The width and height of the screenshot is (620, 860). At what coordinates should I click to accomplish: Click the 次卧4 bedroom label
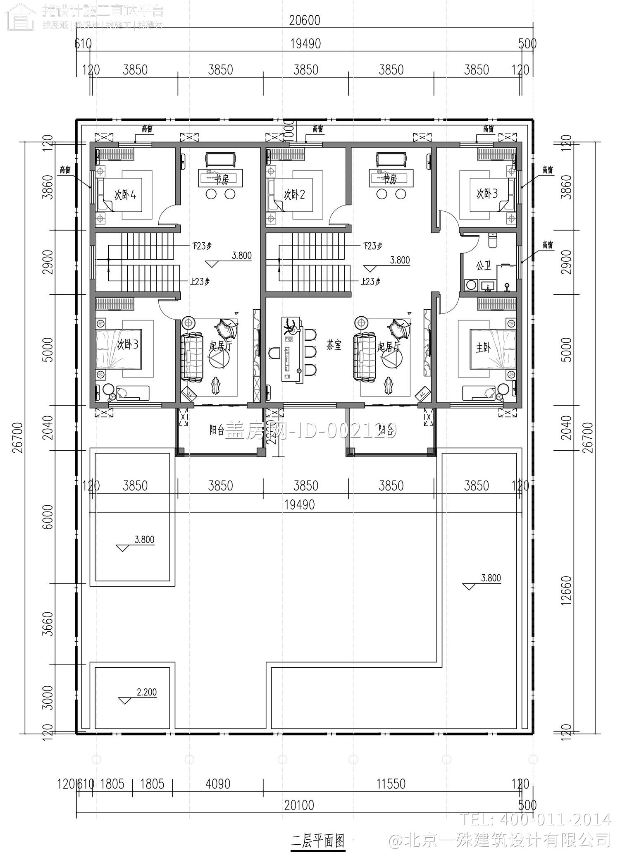point(125,194)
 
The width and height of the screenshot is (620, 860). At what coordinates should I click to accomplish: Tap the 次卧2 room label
point(294,194)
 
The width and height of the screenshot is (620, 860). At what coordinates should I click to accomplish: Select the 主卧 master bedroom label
point(482,348)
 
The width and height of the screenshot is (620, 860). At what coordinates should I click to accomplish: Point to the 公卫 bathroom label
point(483,265)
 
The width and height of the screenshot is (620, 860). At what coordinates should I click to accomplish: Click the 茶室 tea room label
point(334,346)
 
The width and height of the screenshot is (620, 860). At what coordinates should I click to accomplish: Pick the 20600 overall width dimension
point(305,20)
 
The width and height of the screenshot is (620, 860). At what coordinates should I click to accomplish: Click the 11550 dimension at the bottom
point(391,784)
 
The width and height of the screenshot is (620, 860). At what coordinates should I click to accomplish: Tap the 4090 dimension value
point(218,784)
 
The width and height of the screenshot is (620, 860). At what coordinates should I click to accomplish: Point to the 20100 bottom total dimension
point(299,805)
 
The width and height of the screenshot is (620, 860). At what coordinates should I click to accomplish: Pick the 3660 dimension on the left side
point(48,624)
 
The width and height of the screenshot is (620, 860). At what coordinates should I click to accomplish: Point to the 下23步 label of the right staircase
point(372,246)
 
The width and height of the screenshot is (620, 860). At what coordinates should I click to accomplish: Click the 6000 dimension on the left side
point(48,516)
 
